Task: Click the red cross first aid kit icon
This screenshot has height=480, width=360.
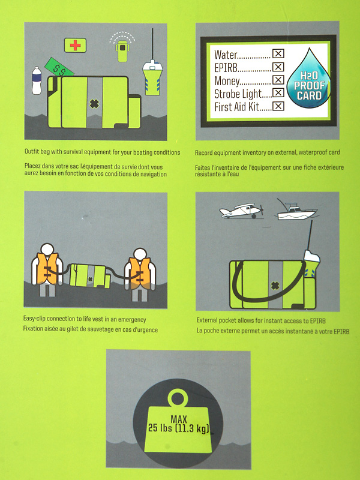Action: coord(75,46)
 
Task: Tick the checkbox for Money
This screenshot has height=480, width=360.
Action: coord(278,80)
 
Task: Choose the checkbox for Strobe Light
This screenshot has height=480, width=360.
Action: coord(278,93)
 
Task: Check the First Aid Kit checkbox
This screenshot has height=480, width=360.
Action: coord(278,106)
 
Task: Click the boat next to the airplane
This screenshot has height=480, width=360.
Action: coord(295,211)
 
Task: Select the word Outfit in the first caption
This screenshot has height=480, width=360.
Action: coord(33,152)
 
